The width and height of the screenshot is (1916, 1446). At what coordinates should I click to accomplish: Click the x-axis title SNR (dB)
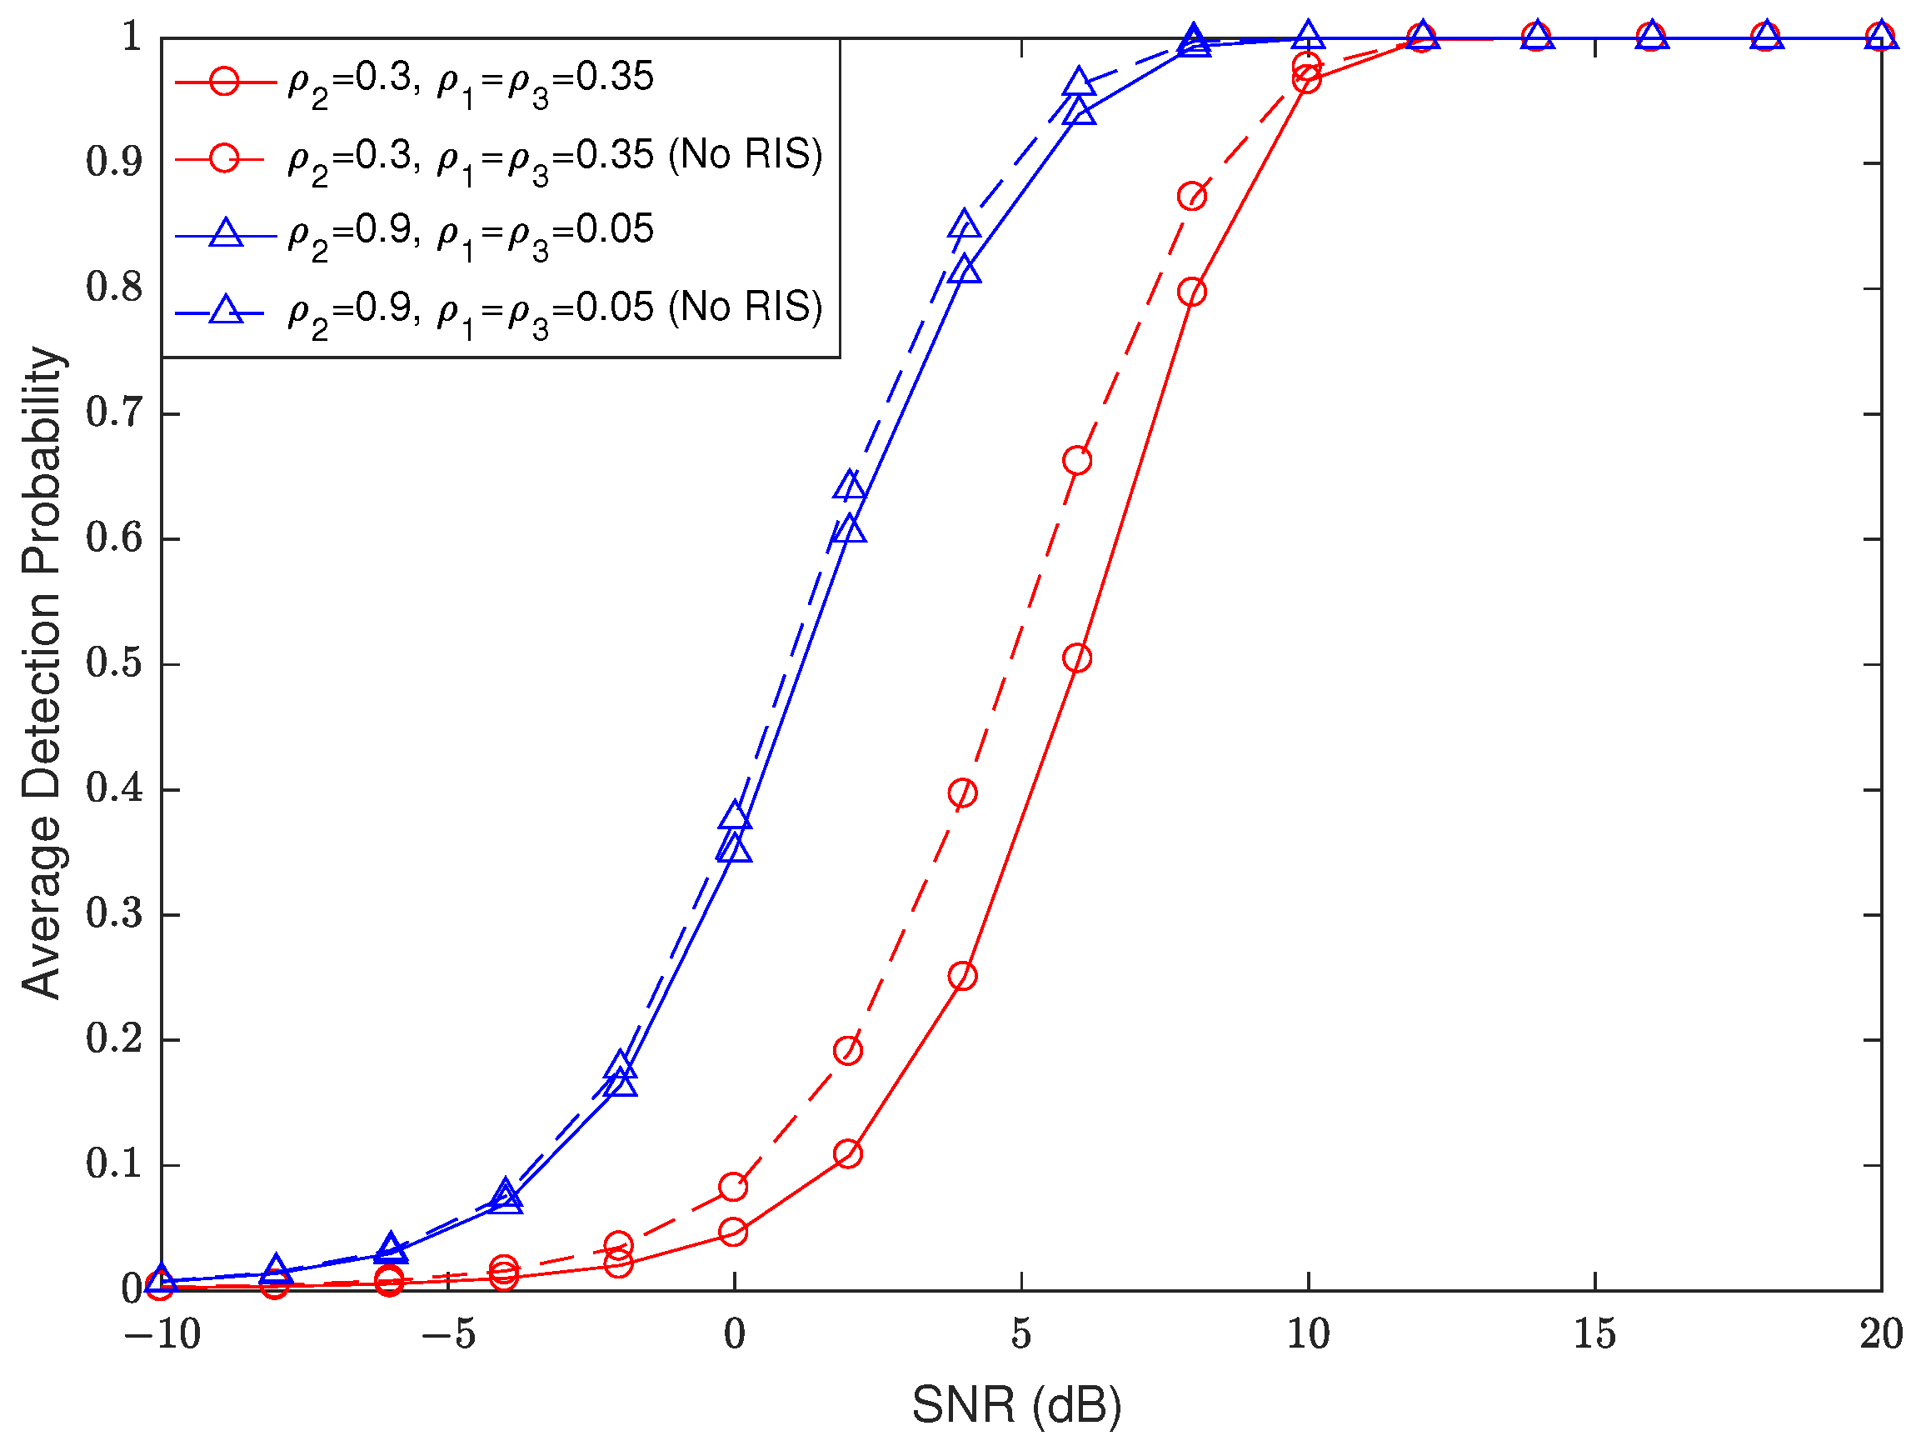1017,1404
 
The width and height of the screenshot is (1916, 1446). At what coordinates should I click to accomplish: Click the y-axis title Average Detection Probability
42,673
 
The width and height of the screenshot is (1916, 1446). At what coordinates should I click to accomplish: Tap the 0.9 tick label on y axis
114,162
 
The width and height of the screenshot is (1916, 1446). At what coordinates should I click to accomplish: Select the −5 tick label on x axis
449,1334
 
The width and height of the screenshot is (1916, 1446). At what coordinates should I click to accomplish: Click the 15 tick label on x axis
1594,1334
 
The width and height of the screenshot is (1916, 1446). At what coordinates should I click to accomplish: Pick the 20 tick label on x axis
1881,1334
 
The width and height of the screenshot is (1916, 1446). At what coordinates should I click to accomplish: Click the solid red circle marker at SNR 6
1076,658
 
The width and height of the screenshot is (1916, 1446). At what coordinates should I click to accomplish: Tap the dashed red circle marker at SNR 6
1076,461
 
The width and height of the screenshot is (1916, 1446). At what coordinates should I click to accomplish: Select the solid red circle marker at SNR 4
962,977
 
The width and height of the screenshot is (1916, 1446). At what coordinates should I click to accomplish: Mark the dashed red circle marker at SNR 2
847,1051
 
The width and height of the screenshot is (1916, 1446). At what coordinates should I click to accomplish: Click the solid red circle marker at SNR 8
1192,292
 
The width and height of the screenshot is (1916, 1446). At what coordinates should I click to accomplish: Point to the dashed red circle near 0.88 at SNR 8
1192,197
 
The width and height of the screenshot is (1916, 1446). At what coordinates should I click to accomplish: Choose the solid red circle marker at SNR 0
733,1232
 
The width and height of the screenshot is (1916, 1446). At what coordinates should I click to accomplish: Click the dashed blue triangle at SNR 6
1077,83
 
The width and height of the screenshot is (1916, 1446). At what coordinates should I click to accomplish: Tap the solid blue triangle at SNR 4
964,271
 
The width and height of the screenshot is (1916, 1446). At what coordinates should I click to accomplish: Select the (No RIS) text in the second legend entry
745,155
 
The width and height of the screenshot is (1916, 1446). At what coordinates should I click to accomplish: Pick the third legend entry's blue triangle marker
226,234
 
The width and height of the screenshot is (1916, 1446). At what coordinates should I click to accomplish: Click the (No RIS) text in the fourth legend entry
745,308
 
